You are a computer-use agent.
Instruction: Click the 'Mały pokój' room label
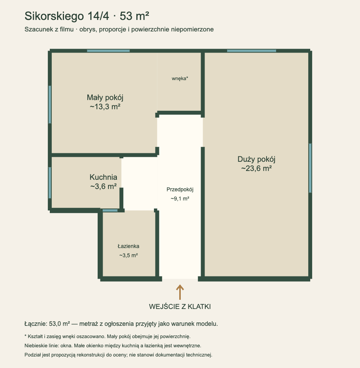[105, 98]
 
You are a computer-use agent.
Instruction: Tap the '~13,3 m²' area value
[105, 107]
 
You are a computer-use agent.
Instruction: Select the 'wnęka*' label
[180, 79]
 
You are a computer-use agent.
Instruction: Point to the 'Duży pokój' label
[256, 159]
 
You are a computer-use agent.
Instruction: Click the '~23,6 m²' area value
[256, 169]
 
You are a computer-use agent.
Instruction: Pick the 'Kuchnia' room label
[103, 177]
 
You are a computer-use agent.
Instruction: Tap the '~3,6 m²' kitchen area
[103, 186]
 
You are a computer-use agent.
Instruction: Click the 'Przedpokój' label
[180, 190]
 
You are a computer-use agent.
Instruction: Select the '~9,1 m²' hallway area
[180, 199]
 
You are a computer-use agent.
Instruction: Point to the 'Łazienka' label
[129, 246]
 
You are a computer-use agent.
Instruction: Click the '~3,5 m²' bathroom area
[129, 255]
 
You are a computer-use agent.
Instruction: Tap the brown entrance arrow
[180, 292]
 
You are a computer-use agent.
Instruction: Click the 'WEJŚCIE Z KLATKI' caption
[180, 307]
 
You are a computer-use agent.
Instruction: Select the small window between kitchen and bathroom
[110, 210]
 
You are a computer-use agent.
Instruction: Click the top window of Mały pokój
[108, 51]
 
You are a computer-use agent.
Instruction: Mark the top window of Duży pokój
[252, 51]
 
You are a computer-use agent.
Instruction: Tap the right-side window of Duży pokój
[310, 168]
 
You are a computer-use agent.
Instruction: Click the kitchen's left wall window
[50, 182]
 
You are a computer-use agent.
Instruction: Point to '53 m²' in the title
[134, 16]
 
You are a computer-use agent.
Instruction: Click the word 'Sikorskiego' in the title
[54, 16]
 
